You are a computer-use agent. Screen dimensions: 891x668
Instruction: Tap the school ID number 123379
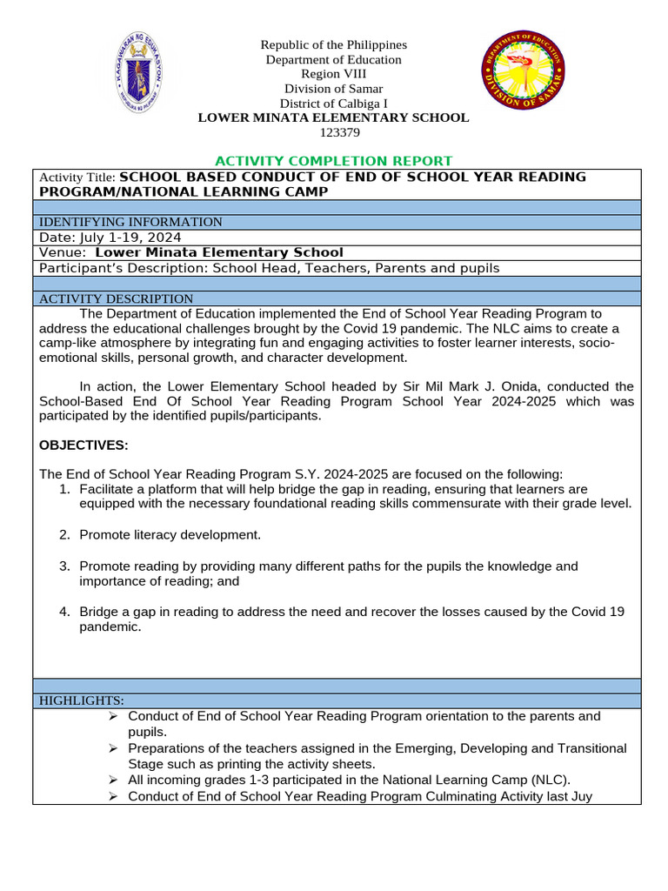click(x=334, y=132)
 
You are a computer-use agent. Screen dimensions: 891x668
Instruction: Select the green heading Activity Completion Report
click(x=333, y=161)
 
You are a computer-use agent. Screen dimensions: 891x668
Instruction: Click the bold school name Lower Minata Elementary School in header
click(x=334, y=117)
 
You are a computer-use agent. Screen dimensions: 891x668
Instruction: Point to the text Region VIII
click(x=334, y=74)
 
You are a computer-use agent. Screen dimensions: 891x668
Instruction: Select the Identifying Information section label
click(x=130, y=222)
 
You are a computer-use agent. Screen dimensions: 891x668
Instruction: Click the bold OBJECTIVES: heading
click(x=83, y=445)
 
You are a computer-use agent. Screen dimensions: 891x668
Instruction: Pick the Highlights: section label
click(x=82, y=700)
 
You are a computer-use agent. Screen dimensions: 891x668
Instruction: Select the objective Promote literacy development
click(x=170, y=534)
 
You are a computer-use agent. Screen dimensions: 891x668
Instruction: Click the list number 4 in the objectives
click(x=64, y=612)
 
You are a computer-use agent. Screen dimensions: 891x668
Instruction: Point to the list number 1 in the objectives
click(x=64, y=489)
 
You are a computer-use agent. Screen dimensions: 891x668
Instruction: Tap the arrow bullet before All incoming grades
click(x=112, y=780)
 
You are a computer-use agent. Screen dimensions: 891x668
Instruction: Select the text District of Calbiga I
click(x=334, y=103)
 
